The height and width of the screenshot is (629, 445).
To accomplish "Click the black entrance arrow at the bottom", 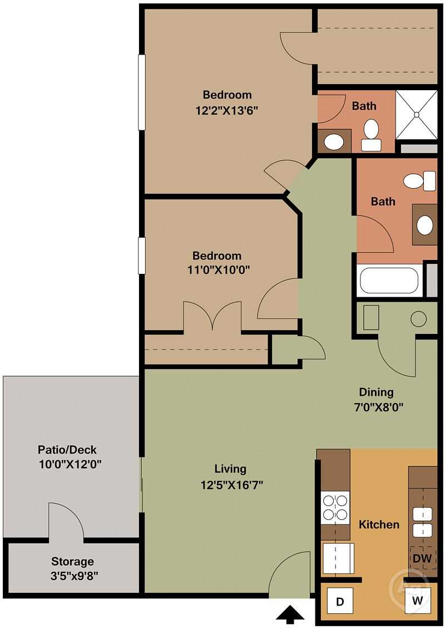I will [x=290, y=614].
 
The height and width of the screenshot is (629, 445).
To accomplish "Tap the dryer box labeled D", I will [x=339, y=601].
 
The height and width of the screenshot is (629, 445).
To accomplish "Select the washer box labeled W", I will [x=417, y=601].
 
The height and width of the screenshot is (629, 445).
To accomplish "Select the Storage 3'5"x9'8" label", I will [x=72, y=568].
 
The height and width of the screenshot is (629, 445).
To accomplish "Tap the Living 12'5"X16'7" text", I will [x=231, y=476].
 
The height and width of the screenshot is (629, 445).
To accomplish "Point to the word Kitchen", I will [x=379, y=524].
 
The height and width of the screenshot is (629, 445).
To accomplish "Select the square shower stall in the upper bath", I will [x=416, y=114].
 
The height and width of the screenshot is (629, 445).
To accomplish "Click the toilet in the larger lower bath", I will [x=419, y=181].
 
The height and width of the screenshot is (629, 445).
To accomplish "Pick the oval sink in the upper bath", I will [x=334, y=142].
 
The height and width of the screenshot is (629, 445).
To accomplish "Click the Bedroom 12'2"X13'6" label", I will [x=227, y=102].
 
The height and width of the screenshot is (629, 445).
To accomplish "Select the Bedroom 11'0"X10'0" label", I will [x=217, y=263].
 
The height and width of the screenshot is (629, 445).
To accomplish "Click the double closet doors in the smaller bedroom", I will [x=212, y=316].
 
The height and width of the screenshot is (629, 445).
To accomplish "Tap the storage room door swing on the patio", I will [x=66, y=520].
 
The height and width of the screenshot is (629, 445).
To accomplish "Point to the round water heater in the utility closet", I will [x=418, y=319].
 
